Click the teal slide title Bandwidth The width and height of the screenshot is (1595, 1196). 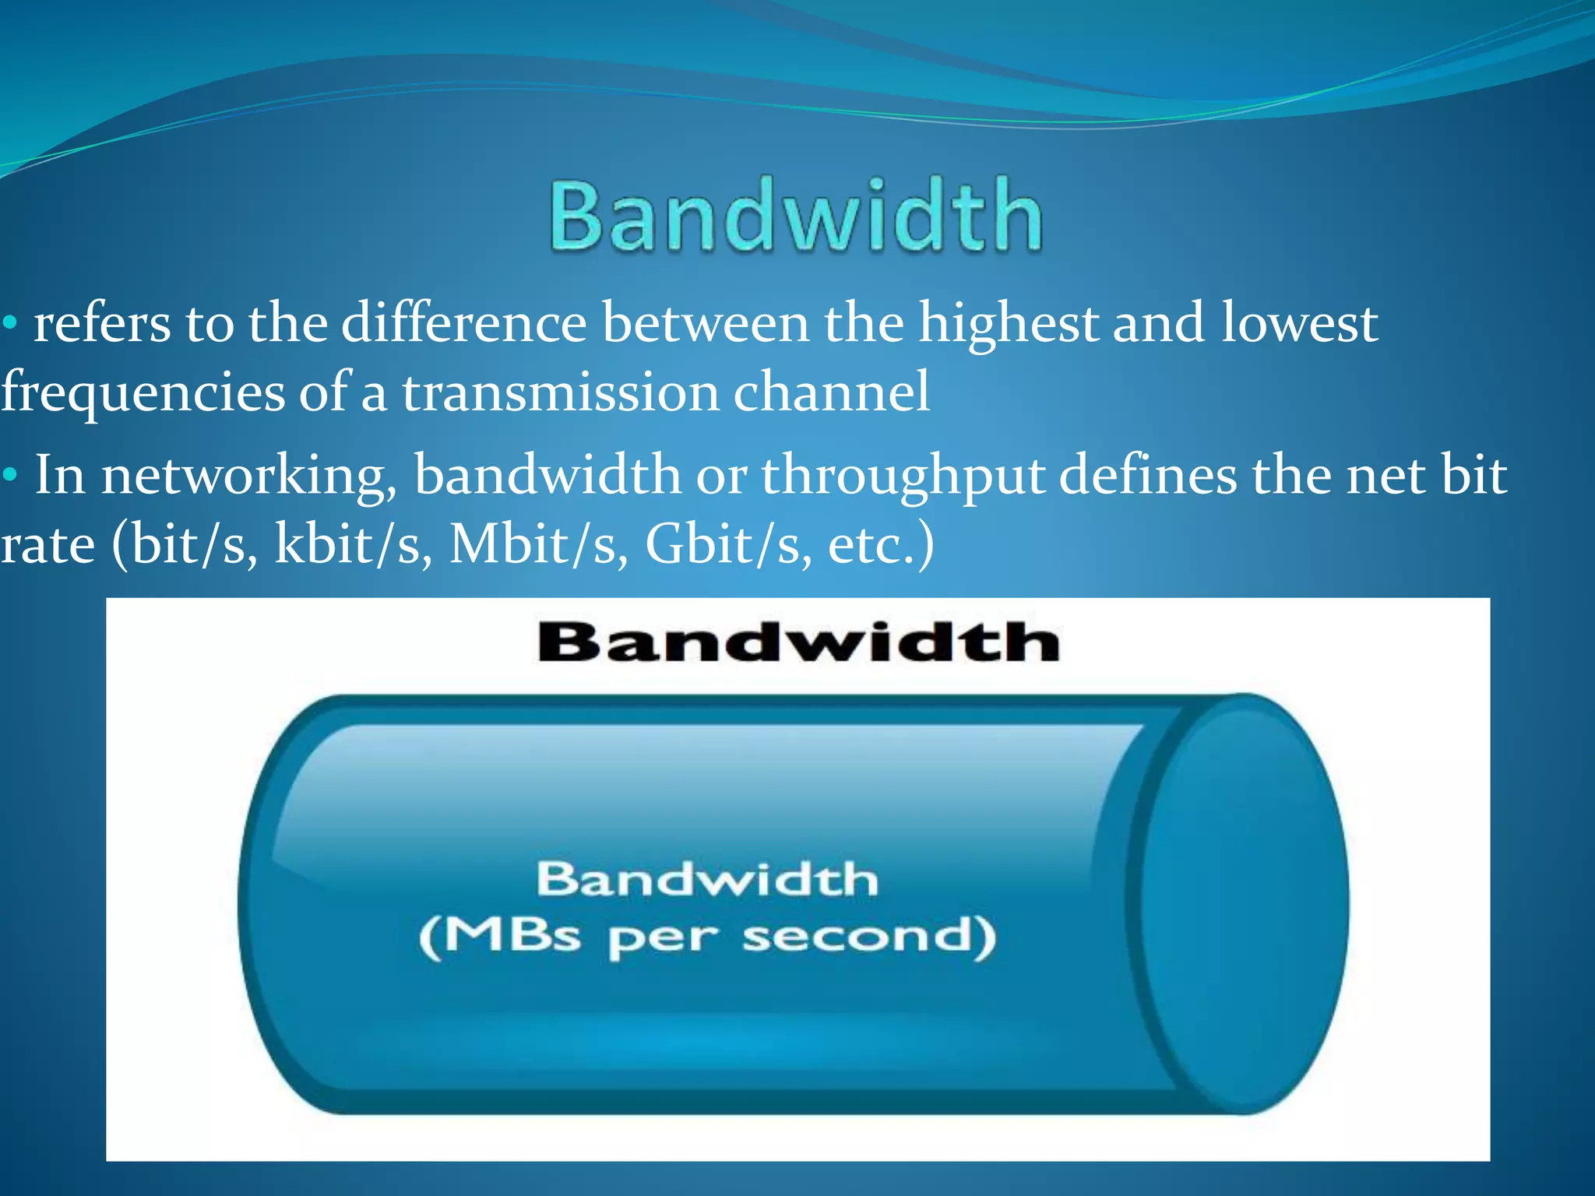(796, 215)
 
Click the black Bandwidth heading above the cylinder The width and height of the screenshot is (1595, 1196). (798, 642)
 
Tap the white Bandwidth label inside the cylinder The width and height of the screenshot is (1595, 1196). (707, 880)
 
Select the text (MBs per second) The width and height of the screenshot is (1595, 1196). (707, 937)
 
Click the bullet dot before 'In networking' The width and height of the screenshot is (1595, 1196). (9, 474)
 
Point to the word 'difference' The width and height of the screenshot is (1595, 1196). (464, 322)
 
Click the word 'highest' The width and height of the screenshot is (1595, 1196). (1008, 322)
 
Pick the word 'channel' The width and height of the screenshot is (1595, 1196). (831, 392)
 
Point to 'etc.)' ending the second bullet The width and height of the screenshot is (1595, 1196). (880, 543)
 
